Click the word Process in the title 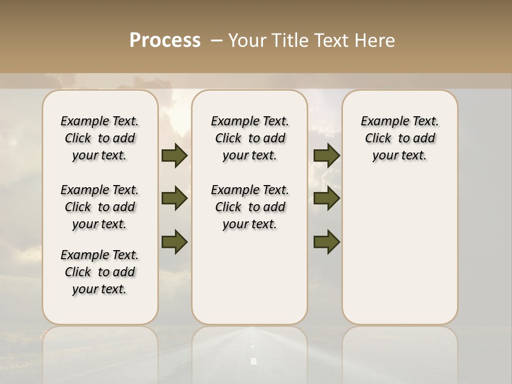pyautogui.click(x=165, y=41)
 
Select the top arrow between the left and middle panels pyautogui.click(x=174, y=156)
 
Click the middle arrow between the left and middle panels pyautogui.click(x=174, y=199)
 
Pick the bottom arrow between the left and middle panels pyautogui.click(x=174, y=242)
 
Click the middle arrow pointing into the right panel pyautogui.click(x=326, y=199)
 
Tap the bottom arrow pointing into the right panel pyautogui.click(x=326, y=242)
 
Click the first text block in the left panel pyautogui.click(x=100, y=138)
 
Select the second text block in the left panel pyautogui.click(x=100, y=207)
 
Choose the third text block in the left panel pyautogui.click(x=100, y=272)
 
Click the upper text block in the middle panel pyautogui.click(x=250, y=138)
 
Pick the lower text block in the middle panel pyautogui.click(x=250, y=207)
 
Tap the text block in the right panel pyautogui.click(x=399, y=138)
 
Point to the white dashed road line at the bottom pyautogui.click(x=253, y=361)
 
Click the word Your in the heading pyautogui.click(x=247, y=41)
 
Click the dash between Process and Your pyautogui.click(x=217, y=41)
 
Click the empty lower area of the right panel pyautogui.click(x=399, y=256)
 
